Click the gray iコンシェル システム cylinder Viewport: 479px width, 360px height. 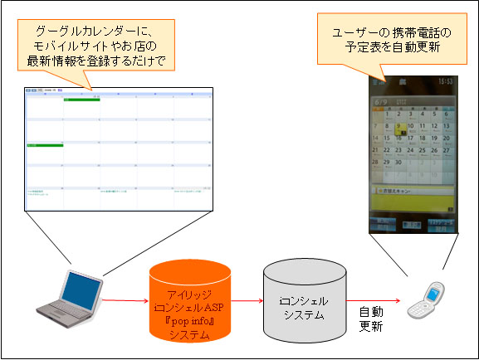(301, 303)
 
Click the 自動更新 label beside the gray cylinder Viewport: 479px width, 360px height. (371, 318)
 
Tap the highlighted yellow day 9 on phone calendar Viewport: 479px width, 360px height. (400, 128)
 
